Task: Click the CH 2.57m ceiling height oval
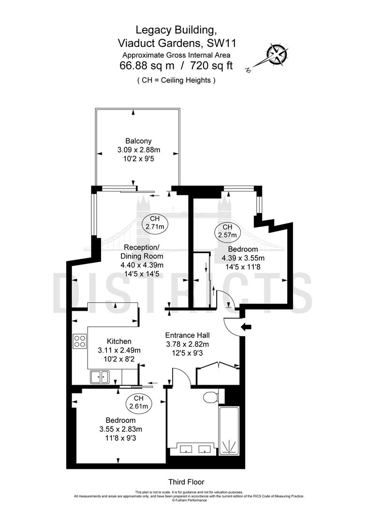(227, 232)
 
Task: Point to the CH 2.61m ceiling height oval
(139, 402)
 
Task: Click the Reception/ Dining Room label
(142, 252)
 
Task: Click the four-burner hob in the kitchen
(79, 341)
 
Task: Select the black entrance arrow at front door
(246, 327)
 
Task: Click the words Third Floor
(186, 482)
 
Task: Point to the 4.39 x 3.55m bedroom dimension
(244, 258)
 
